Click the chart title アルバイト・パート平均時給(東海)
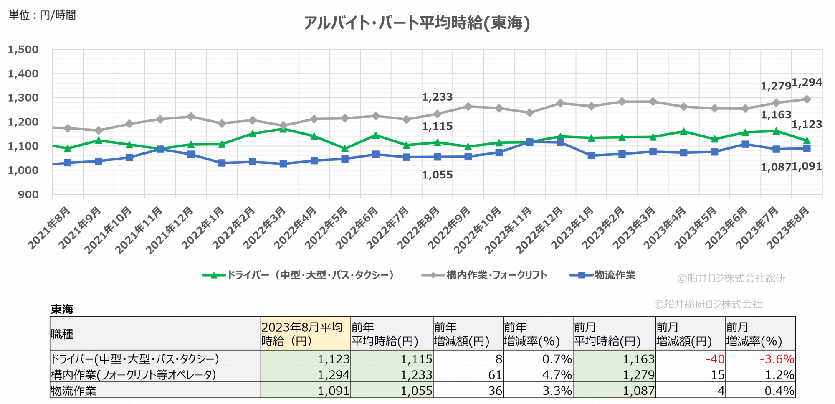417,23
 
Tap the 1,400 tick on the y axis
23,74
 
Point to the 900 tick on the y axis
28,195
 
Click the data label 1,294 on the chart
807,82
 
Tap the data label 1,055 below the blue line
437,175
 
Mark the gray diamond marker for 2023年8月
807,99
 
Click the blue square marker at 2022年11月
529,142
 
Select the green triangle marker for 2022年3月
283,129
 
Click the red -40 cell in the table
715,359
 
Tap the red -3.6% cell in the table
777,359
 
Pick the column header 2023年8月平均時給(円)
305,334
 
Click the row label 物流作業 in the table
73,391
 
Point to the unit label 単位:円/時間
42,15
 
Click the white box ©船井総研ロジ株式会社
708,304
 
